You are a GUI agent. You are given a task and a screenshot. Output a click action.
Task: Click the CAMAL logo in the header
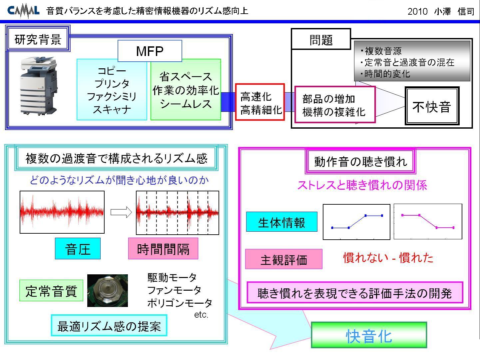coord(23,11)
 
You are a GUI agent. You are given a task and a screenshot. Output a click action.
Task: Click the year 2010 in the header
coord(417,11)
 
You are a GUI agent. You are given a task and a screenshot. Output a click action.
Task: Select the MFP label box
coord(150,51)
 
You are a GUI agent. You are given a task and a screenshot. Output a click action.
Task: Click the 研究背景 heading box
coord(38,39)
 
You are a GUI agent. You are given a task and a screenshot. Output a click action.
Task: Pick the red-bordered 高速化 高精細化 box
coord(260,102)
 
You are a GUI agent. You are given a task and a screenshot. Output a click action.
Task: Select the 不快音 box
coord(432,106)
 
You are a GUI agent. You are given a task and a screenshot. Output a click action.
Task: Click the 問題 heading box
coord(321,39)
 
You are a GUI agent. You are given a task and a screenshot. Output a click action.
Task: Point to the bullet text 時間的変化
coord(385,74)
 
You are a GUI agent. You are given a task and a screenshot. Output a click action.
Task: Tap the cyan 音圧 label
coord(78,249)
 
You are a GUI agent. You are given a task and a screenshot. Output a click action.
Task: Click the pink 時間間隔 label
coord(163,249)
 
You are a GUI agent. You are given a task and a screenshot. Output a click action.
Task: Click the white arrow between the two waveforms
coord(121,212)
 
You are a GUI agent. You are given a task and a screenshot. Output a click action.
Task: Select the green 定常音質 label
coord(51,291)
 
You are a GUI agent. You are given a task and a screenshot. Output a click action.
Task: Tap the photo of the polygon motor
coord(107,291)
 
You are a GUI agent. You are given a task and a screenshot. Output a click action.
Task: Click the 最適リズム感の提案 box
coord(109,325)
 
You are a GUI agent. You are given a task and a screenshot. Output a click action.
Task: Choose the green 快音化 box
coord(369,335)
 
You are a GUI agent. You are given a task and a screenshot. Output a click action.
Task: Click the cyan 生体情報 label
coord(282,222)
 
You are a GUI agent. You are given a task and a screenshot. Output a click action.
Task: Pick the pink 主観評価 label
coord(283,259)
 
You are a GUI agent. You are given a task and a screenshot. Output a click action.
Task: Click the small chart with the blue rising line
coord(356,222)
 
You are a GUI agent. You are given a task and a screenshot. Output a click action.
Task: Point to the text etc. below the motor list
coord(201,315)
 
